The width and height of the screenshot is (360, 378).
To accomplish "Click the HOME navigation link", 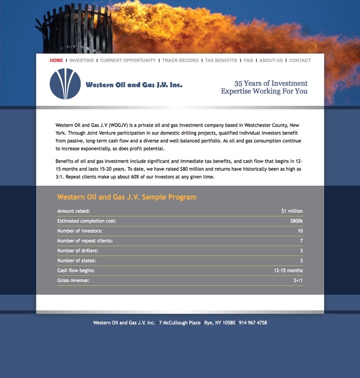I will point(56,61).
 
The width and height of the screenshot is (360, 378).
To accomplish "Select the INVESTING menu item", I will point(81,61).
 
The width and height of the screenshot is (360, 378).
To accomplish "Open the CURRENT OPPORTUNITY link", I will point(128,61).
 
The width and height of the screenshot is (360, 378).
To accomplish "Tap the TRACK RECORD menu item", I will point(180,61).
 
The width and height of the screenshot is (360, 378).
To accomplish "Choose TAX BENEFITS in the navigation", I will point(221,61).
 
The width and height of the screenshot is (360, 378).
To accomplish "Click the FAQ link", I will point(248,61).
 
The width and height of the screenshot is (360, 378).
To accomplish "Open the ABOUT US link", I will point(271,61).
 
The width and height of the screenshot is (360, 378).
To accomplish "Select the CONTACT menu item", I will point(300,61).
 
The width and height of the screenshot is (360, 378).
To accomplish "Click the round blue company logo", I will point(65,84).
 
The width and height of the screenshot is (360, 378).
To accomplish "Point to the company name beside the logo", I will point(134,85).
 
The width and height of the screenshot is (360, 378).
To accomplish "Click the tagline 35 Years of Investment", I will point(270,84).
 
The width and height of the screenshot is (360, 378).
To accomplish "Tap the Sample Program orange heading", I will point(126,197).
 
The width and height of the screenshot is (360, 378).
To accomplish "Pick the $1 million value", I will point(292,211).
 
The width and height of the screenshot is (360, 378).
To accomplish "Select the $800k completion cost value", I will point(296,221).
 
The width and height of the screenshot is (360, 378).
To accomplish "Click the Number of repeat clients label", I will point(85,241).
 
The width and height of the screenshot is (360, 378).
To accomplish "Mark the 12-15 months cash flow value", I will point(288,271).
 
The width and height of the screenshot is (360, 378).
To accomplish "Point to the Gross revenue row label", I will point(73,280).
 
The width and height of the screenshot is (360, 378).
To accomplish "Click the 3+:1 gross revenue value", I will point(298,280).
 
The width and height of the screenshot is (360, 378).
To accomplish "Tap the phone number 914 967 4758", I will point(252,323).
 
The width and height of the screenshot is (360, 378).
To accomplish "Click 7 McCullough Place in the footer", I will point(180,323).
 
